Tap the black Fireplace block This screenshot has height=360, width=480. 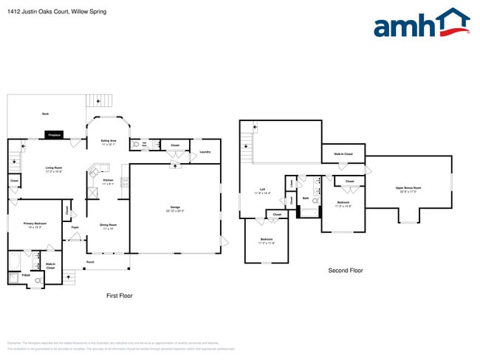point(54,135)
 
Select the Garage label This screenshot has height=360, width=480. point(175,208)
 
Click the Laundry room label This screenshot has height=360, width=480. point(205,152)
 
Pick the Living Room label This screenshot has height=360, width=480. point(54,169)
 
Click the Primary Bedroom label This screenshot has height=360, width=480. point(35,224)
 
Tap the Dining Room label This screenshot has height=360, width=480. point(108,226)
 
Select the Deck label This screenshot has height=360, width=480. point(45,114)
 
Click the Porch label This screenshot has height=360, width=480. point(90,262)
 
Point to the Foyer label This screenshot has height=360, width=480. point(75,237)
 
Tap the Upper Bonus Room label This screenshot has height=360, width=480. point(408,189)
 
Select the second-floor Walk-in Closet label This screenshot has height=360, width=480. point(343,154)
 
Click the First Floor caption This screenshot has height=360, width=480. point(119,295)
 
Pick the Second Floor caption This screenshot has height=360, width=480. point(345,271)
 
